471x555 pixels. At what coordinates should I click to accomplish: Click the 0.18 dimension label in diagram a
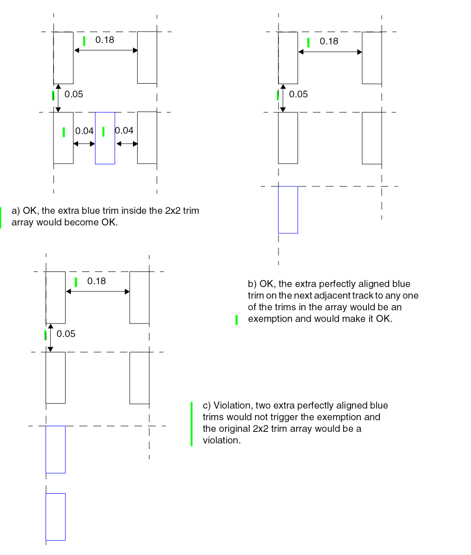pos(105,40)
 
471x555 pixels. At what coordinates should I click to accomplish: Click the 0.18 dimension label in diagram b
pos(329,41)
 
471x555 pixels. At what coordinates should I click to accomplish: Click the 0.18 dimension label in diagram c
pos(97,281)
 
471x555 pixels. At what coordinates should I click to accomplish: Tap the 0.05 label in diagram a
pos(74,94)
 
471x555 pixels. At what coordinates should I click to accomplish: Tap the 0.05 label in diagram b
pos(299,94)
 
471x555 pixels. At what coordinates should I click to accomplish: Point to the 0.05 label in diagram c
pos(66,334)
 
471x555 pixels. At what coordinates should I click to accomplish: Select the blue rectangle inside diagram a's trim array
pos(105,138)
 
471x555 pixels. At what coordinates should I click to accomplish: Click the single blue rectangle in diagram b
pos(288,210)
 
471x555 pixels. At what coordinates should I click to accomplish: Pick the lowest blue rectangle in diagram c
pos(55,516)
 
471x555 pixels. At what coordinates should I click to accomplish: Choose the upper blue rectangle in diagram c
pos(55,449)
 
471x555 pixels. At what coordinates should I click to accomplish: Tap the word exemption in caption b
pos(269,319)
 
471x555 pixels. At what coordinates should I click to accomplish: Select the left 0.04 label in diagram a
pos(84,131)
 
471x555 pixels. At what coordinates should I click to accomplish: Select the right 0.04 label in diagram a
pos(124,131)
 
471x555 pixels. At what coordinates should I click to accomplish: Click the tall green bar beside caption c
pos(191,423)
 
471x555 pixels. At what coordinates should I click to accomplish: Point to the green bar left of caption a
pos(0,217)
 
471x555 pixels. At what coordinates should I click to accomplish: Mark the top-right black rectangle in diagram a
pos(147,58)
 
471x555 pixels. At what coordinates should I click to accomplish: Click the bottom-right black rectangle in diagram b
pos(372,138)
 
